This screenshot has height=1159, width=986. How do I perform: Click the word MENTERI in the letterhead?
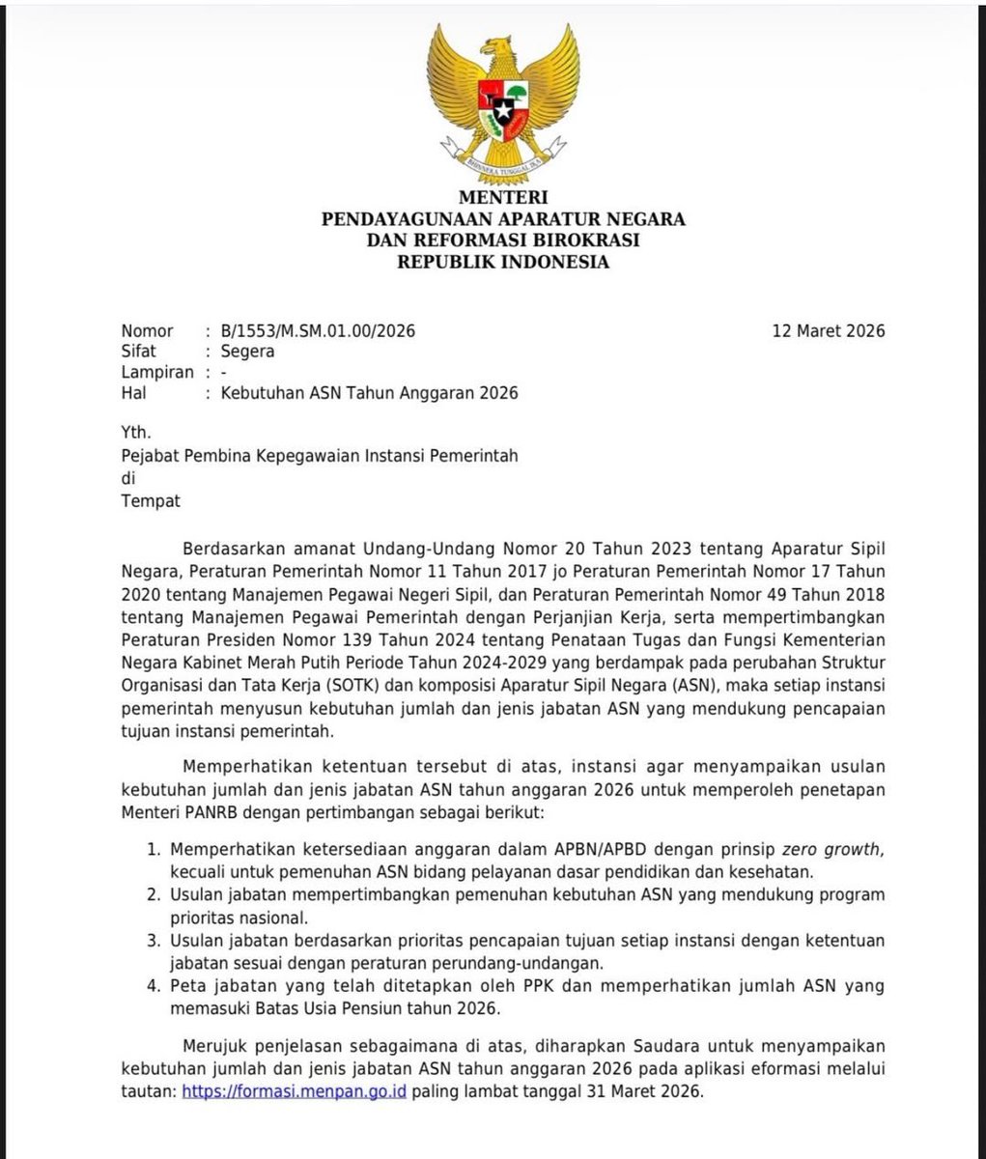[x=502, y=199]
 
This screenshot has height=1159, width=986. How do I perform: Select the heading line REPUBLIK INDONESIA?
[x=502, y=261]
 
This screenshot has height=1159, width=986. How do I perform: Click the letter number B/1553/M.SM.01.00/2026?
[x=317, y=331]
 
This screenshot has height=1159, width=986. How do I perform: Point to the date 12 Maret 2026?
[x=828, y=331]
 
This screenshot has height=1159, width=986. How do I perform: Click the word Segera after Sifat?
[x=247, y=352]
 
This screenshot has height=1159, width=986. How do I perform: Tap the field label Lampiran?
[x=157, y=372]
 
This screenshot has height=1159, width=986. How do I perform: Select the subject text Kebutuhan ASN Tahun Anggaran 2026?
[x=369, y=393]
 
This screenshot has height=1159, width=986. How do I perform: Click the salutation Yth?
[x=136, y=434]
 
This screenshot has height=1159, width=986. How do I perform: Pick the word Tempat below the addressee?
[x=151, y=500]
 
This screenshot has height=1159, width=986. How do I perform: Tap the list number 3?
[x=153, y=940]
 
